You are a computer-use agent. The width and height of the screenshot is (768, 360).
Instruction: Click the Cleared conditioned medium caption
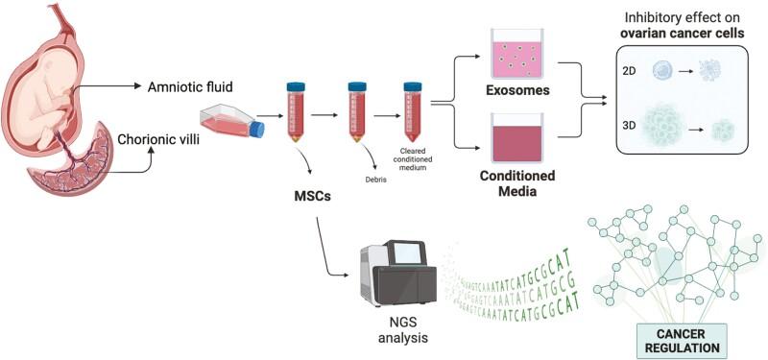(x=416, y=164)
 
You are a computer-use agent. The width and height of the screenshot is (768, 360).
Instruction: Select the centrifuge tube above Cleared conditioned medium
(x=414, y=113)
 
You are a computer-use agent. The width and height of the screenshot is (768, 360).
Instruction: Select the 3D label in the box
(x=631, y=125)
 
